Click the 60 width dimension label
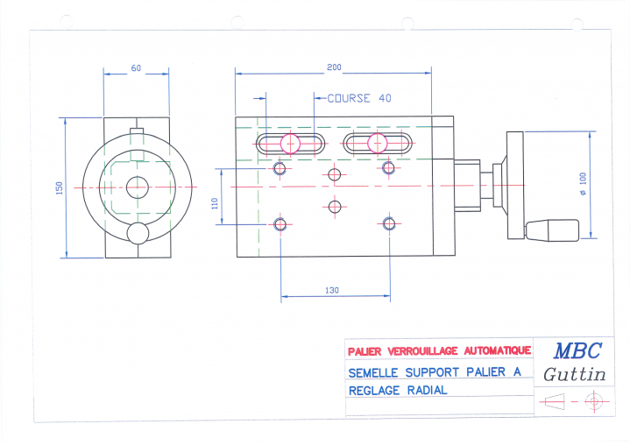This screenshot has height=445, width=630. coord(136,68)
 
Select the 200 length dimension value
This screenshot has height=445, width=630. coord(334,67)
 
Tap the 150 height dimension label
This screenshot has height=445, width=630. coord(60,188)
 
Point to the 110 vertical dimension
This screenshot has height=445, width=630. coord(215,203)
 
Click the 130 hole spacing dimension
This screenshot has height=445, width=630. coord(332,290)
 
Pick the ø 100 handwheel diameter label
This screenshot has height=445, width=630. coord(583,184)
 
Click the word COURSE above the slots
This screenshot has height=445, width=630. coord(349,98)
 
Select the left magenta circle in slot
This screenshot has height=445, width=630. coord(290,144)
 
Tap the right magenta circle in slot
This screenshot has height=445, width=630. coord(378,143)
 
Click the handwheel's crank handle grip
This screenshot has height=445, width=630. coord(552,230)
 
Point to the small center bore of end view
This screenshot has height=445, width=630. coord(138,187)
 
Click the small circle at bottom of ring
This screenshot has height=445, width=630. coord(138,233)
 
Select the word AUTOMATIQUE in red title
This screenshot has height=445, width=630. coord(498,350)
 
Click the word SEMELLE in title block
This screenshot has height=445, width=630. coord(373,373)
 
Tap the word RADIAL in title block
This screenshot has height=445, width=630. coord(427,390)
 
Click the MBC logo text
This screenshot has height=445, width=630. coord(577,350)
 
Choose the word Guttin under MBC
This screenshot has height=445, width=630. coord(575,374)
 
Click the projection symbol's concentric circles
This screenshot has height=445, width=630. coord(594,401)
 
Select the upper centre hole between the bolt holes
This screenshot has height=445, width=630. coord(335,174)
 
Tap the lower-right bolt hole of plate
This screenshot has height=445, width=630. coord(389,223)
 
